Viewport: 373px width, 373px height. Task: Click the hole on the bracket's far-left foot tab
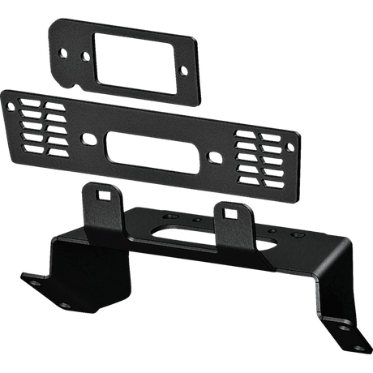35,278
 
